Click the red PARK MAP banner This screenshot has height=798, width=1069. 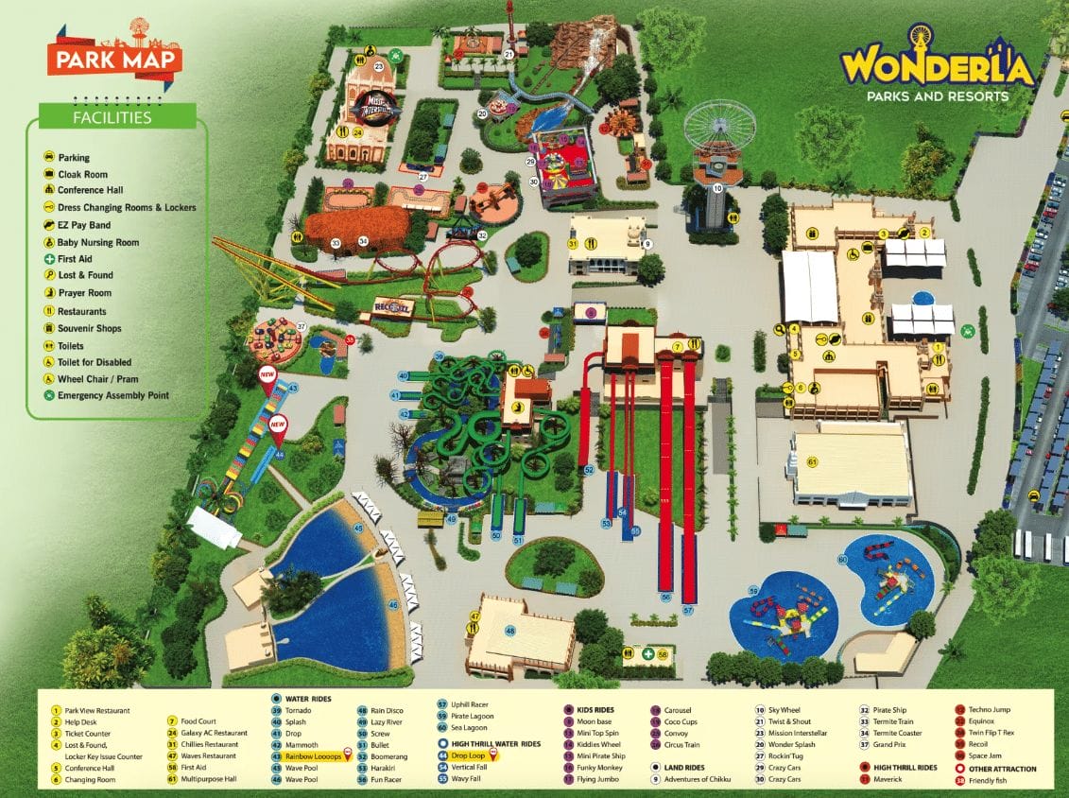pos(112,60)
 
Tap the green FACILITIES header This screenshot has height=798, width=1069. pos(112,117)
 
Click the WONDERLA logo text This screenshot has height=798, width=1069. pos(940,66)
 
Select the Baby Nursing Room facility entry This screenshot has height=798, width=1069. pos(97,242)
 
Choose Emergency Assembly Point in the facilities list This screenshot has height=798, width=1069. pos(112,395)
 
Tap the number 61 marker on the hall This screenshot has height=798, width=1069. pos(812,461)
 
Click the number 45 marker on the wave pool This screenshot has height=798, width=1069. pos(358,529)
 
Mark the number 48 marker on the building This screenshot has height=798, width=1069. pos(510,631)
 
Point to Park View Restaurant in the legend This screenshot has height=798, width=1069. pos(96,710)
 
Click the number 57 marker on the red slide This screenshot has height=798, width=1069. pos(688,611)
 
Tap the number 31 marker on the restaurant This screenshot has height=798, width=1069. pos(573,244)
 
